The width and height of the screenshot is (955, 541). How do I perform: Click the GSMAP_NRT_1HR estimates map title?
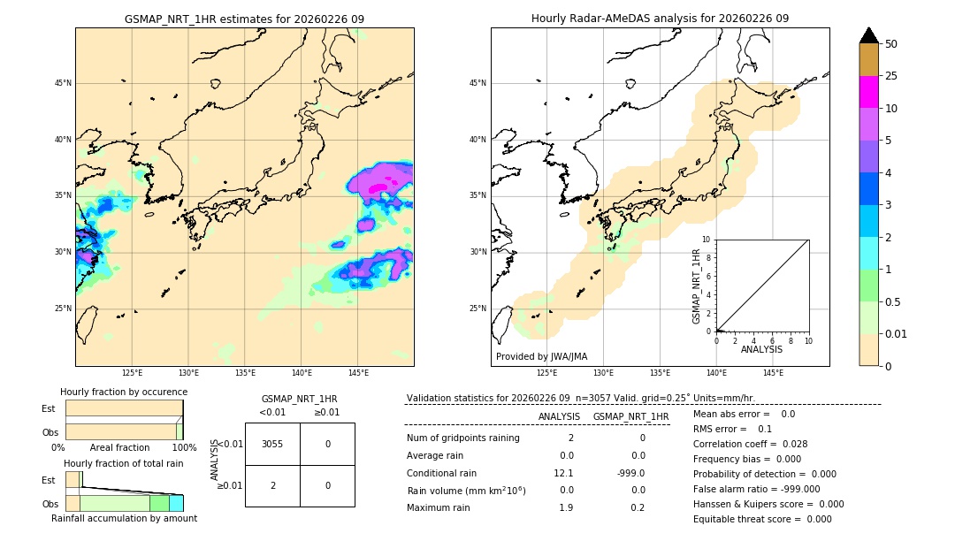point(244,19)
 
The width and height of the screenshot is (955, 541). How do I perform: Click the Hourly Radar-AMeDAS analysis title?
point(660,19)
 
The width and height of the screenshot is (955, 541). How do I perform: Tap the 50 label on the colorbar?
point(891,44)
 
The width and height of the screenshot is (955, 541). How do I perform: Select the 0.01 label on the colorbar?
point(897,334)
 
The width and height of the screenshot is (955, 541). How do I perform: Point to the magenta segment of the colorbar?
point(868,92)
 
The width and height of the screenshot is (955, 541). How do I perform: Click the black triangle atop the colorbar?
point(868,35)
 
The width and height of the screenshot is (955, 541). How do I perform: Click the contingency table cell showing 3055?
point(272,444)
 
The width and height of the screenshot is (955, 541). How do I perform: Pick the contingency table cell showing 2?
point(272,485)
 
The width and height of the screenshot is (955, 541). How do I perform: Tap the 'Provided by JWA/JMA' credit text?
point(541,356)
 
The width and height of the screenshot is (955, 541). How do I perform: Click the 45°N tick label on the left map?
point(62,83)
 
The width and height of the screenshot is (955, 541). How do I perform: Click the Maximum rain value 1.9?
point(566,507)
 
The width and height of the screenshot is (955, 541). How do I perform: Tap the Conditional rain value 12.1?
point(563,473)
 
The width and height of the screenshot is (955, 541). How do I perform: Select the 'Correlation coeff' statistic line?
point(750,444)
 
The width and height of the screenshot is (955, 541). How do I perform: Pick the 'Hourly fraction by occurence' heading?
point(124,392)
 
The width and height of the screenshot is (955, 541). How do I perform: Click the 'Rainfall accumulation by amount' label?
point(124,518)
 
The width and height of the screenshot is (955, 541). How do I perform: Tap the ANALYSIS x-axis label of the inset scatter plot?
point(761,350)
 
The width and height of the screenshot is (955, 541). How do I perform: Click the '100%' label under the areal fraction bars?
point(184,448)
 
